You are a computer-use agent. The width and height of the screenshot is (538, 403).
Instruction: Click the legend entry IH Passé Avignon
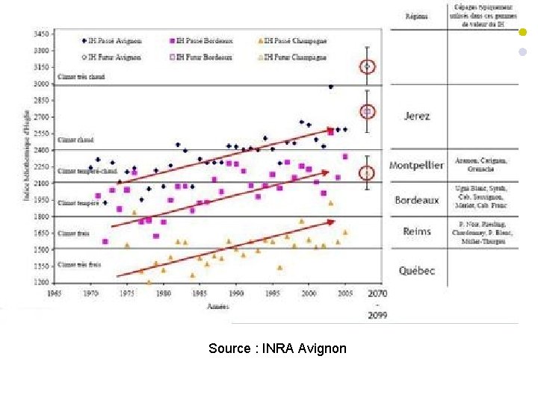(x=112, y=40)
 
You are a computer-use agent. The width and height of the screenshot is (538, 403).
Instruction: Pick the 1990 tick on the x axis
(x=235, y=294)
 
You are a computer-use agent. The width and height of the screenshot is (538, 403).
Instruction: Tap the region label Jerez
(x=417, y=116)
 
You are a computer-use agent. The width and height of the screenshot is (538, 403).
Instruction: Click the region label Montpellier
(x=417, y=165)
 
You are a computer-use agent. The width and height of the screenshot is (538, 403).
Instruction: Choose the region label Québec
(x=417, y=271)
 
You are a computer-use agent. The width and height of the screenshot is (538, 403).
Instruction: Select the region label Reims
(x=417, y=231)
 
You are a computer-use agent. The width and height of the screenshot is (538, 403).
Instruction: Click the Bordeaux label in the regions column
(x=417, y=200)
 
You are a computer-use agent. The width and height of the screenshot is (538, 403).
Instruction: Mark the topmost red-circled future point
(x=367, y=67)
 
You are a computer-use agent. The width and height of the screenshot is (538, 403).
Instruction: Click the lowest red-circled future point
(x=366, y=173)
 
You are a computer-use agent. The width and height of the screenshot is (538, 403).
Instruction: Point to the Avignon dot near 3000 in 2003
(x=330, y=87)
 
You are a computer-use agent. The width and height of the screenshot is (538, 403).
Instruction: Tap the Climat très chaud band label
(x=81, y=77)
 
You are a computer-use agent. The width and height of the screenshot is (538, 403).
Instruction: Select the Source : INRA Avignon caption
(x=277, y=349)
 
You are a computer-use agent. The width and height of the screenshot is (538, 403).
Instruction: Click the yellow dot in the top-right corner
(x=522, y=33)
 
